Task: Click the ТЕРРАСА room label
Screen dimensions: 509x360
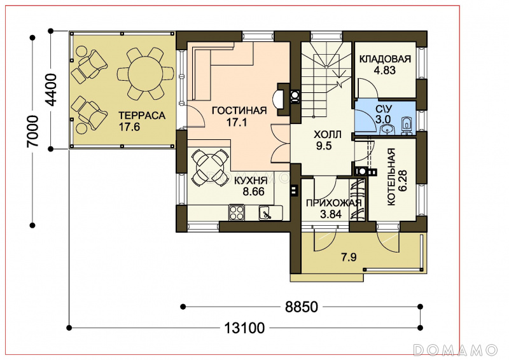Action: (142, 116)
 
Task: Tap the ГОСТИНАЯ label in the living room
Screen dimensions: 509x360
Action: (239, 111)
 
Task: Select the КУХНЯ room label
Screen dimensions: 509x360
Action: (251, 181)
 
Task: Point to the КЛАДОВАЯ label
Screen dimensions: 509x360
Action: (385, 59)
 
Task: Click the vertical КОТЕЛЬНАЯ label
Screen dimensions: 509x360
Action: (391, 177)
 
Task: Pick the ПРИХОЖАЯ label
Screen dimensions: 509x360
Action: (333, 203)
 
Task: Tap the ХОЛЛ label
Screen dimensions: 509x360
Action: (328, 134)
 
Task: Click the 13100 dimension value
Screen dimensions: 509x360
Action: (244, 328)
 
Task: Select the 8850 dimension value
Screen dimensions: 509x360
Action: (302, 307)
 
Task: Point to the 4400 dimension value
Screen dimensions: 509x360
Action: (51, 90)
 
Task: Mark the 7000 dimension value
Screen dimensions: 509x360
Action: (33, 131)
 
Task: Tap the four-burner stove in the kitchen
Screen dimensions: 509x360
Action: (237, 212)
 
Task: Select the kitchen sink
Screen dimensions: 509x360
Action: (267, 213)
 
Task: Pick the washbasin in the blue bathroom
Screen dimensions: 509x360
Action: (386, 130)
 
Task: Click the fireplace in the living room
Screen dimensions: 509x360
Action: (282, 99)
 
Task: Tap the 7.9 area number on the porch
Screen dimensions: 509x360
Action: (349, 258)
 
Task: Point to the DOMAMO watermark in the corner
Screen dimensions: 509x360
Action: (456, 350)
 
